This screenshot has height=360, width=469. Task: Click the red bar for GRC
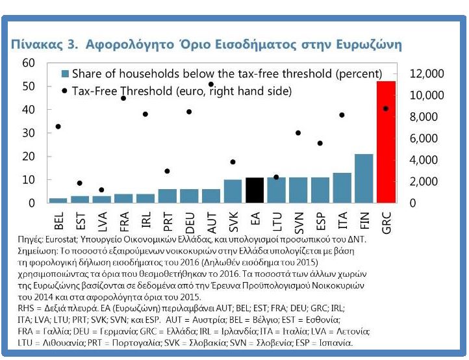pos(386,142)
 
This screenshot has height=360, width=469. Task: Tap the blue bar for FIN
pos(364,178)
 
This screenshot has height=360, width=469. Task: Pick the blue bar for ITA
pos(342,188)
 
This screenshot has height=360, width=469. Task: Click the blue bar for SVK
pos(233,191)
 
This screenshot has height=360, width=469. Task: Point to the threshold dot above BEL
pos(58,126)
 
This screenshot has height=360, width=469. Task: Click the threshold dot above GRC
pos(386,109)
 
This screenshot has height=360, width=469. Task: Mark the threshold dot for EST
pos(80,183)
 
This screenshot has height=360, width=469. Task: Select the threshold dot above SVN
pos(298,133)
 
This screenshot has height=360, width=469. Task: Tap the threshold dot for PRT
pos(167,171)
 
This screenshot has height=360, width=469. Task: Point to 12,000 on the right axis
pos(428,74)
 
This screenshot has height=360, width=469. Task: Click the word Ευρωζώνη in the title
pos(367,44)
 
